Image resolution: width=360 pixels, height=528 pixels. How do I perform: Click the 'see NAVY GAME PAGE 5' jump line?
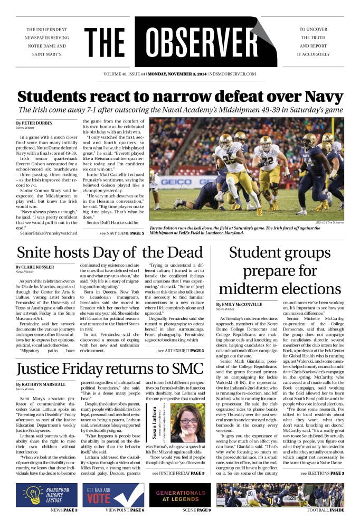point(121,232)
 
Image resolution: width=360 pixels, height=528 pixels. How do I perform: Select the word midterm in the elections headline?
point(249,289)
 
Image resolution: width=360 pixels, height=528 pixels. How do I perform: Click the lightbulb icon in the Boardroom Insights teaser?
point(32,495)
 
